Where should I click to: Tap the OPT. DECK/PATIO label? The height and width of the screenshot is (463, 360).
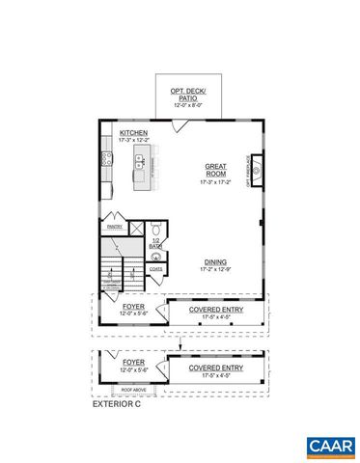point(190,94)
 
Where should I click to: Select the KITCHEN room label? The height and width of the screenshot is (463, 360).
point(133,134)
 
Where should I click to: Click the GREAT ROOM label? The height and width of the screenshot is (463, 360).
point(216,168)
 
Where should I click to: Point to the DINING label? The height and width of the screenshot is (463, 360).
point(215,261)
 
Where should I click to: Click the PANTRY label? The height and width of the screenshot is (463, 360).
point(114,229)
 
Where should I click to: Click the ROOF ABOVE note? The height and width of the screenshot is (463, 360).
point(132,390)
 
